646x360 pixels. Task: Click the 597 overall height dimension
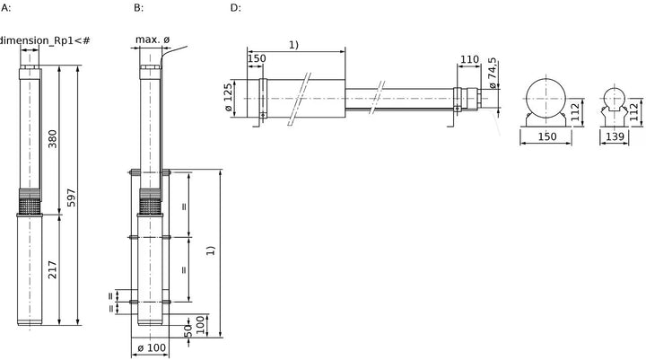click(71, 198)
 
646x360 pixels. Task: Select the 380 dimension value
click(53, 139)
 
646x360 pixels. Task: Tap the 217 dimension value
click(53, 269)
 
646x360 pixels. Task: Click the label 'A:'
click(5, 8)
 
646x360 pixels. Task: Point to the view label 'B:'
click(138, 8)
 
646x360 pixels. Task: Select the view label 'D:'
click(235, 8)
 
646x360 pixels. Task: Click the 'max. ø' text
click(153, 40)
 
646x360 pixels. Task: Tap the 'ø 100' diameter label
click(152, 347)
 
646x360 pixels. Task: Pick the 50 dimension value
click(188, 330)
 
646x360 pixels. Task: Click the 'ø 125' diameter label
click(228, 98)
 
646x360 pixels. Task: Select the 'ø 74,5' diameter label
click(493, 73)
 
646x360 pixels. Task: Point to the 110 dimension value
click(469, 60)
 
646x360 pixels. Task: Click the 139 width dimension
click(615, 136)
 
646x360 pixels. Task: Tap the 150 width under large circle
click(547, 136)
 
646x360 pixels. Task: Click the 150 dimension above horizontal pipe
click(257, 58)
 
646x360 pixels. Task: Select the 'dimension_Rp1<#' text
click(45, 40)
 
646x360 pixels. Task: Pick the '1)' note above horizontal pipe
click(293, 45)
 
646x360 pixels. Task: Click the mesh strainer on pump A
click(31, 207)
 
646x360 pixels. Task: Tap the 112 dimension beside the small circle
click(634, 112)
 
